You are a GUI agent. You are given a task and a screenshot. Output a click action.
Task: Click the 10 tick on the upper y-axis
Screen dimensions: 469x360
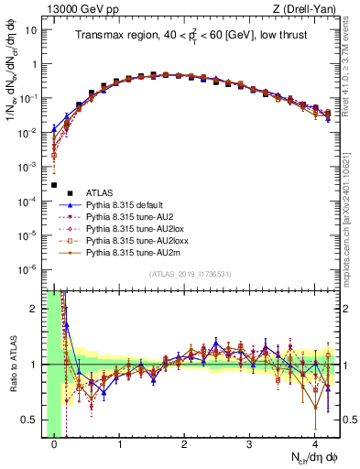[33, 29]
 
